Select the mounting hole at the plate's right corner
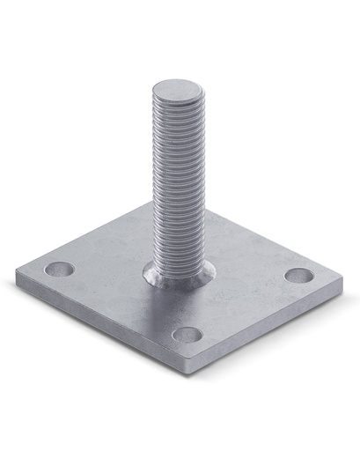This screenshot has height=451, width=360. (x=298, y=274)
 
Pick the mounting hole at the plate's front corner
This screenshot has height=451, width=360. (x=187, y=334)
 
